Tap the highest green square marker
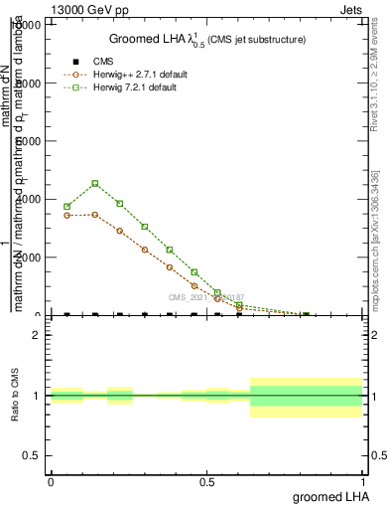(x=94, y=183)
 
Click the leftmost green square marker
(x=66, y=207)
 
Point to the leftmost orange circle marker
(x=66, y=215)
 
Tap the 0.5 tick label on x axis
(x=206, y=480)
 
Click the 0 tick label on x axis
(x=51, y=480)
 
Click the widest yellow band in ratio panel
(x=307, y=397)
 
